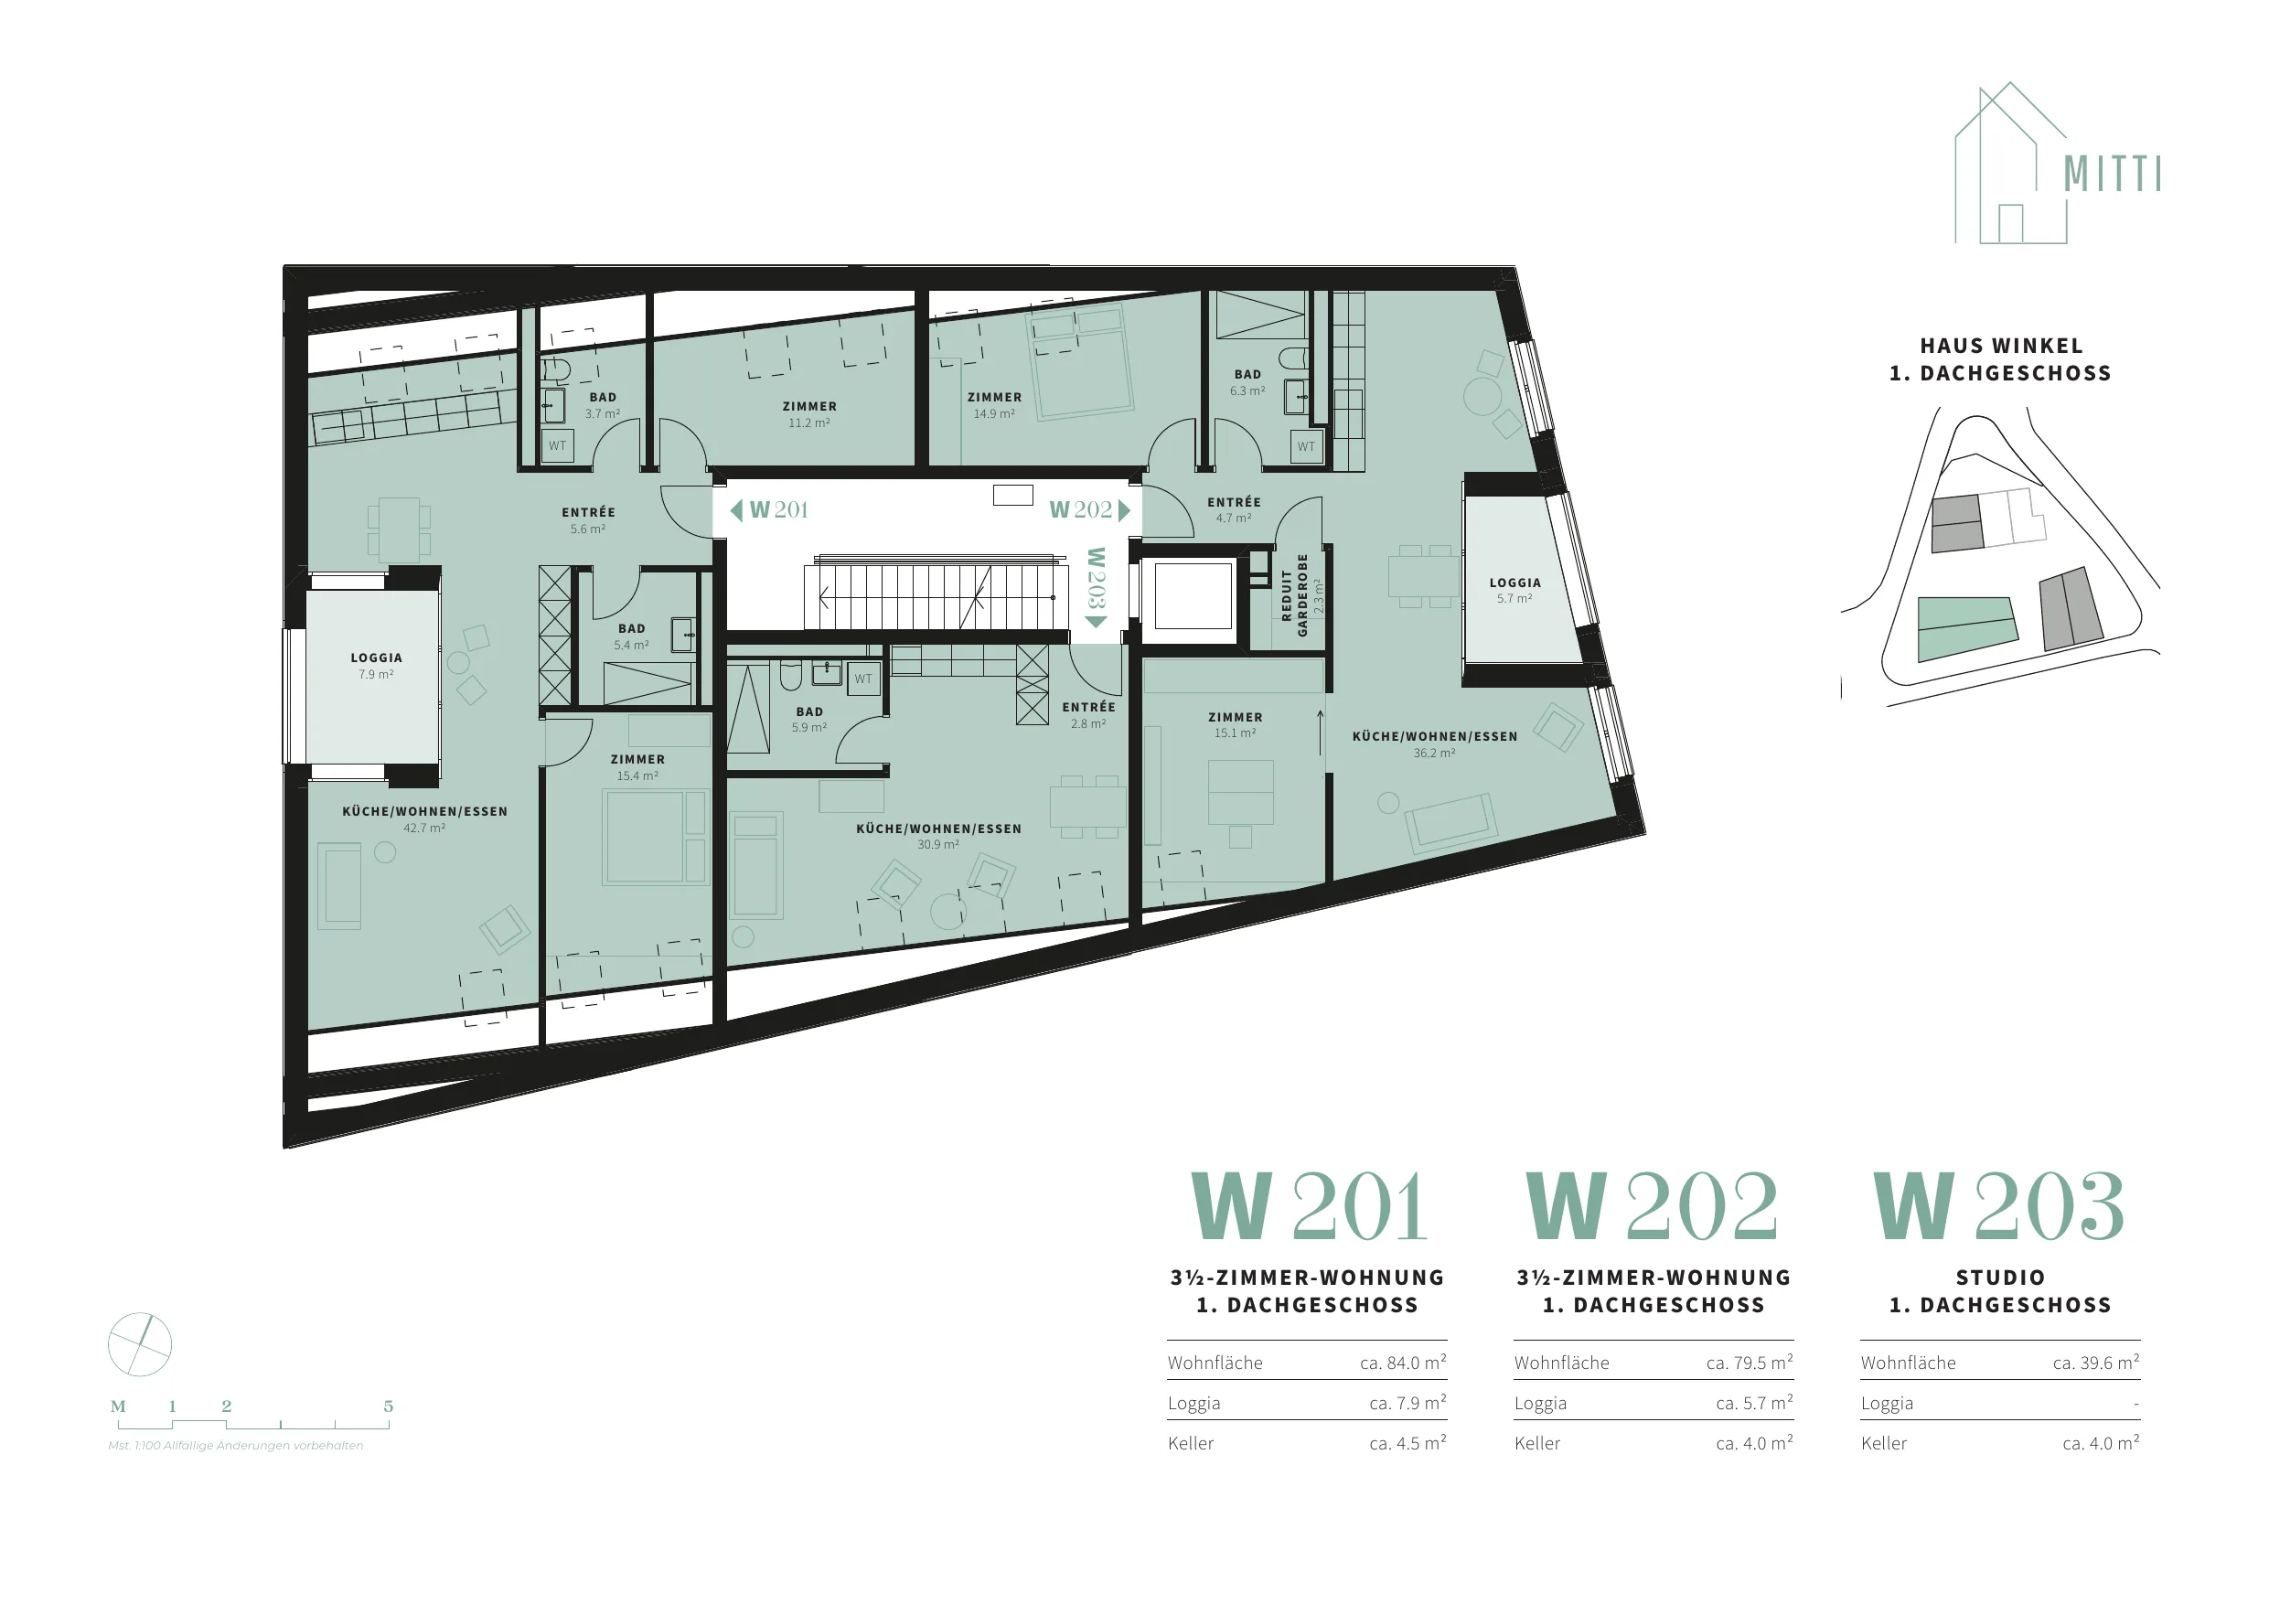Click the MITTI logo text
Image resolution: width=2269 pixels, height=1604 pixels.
2112,174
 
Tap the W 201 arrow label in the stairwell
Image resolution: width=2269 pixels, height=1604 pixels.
770,510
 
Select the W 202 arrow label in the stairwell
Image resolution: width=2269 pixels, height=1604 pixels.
1089,510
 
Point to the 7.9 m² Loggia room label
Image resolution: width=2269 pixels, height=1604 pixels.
377,665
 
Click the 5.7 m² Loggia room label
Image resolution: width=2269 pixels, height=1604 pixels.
1515,590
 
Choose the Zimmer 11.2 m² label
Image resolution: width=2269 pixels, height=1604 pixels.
809,414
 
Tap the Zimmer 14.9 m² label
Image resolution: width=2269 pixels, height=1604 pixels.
994,405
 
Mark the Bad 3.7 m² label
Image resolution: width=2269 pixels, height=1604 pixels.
603,405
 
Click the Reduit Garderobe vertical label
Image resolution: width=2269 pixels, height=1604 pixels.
1301,594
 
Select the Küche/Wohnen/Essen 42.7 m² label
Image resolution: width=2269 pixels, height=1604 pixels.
425,819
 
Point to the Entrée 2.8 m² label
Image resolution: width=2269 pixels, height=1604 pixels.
1089,714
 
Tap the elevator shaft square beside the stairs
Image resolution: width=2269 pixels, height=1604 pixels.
1193,595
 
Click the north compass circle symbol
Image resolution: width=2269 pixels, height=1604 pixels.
139,1344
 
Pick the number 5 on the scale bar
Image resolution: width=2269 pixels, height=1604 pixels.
389,1406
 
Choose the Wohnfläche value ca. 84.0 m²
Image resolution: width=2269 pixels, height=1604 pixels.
1403,1363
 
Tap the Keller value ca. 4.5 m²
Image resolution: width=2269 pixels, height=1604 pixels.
1408,1443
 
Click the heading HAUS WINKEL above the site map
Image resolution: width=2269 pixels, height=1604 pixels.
2001,346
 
